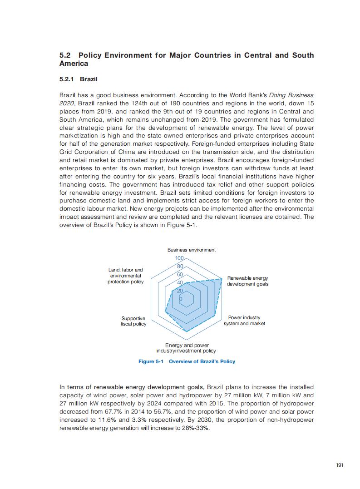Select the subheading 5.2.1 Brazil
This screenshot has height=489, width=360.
(x=79, y=79)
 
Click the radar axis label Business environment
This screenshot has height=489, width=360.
(x=191, y=250)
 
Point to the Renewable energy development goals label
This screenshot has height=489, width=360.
(x=247, y=281)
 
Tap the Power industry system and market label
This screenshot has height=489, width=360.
(x=244, y=321)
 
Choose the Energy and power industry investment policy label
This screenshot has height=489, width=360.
(x=186, y=348)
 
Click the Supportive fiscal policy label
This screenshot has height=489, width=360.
(x=133, y=321)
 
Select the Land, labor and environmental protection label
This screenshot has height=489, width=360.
(x=125, y=276)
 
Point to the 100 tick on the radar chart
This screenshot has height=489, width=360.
(x=179, y=258)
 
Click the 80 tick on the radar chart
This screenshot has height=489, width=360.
(x=180, y=267)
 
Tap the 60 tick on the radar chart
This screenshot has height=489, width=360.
(x=180, y=275)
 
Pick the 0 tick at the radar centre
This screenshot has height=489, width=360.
(x=181, y=299)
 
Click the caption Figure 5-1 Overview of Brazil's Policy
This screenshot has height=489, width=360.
(x=187, y=361)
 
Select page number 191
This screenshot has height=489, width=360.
(x=340, y=465)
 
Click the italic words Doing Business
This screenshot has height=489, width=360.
(x=291, y=95)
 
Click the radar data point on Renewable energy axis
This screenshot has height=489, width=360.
(x=222, y=278)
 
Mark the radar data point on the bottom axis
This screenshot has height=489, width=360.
(x=186, y=331)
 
